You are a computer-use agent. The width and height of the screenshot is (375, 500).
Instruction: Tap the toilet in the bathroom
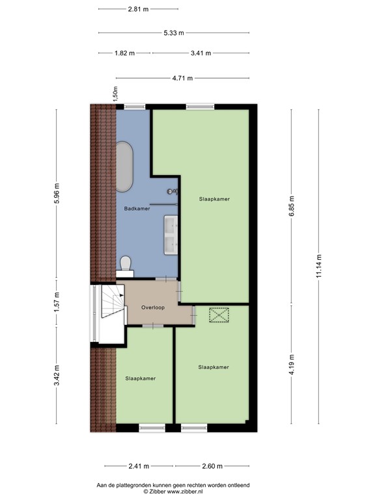(x=126, y=264)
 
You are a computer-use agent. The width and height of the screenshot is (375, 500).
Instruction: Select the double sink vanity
(x=171, y=234)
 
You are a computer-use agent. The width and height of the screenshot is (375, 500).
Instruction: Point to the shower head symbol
(x=173, y=191)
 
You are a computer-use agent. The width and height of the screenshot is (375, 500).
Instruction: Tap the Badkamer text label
(x=137, y=209)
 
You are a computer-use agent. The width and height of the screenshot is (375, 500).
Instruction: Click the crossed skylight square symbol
(x=219, y=315)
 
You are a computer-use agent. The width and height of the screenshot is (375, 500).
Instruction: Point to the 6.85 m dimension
(x=292, y=206)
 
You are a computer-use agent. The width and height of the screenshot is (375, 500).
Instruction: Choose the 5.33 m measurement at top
(x=173, y=32)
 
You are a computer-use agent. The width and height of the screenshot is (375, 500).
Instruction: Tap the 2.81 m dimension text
(x=137, y=9)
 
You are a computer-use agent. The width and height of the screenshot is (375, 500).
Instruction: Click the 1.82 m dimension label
(x=124, y=53)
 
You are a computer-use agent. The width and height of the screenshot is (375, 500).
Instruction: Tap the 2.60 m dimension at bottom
(x=212, y=466)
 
